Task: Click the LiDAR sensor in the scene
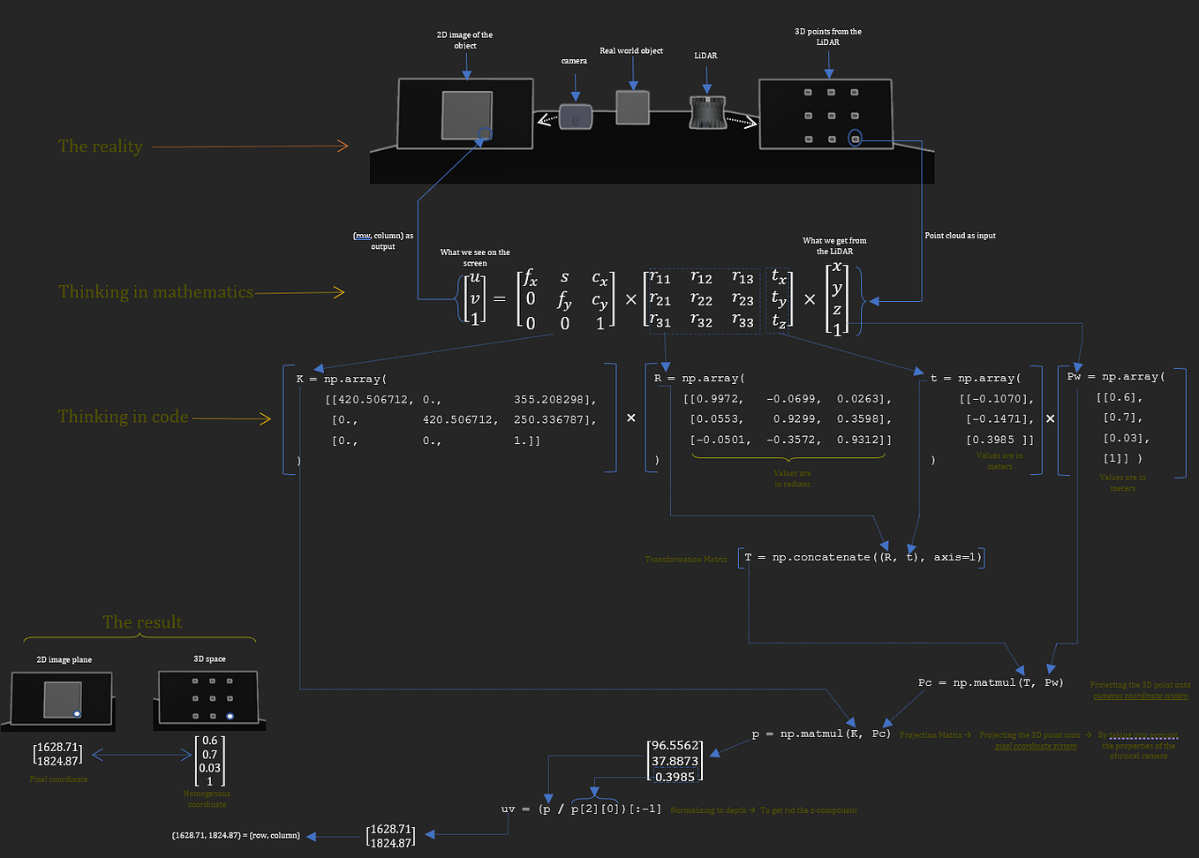point(706,113)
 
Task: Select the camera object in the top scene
point(576,117)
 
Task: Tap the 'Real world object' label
point(630,50)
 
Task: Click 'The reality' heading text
point(100,147)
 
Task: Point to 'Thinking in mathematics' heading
point(155,292)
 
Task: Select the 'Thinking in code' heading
point(123,417)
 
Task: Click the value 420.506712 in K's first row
point(371,400)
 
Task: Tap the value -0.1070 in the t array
point(998,399)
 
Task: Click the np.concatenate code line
point(862,557)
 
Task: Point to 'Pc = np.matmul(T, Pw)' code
point(991,682)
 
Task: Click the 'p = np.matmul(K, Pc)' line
point(821,734)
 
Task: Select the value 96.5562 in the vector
point(675,746)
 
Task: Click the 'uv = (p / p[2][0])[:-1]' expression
point(581,809)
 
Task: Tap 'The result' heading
point(142,622)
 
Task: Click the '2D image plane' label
point(64,659)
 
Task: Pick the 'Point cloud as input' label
point(960,236)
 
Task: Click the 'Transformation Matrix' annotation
point(686,559)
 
